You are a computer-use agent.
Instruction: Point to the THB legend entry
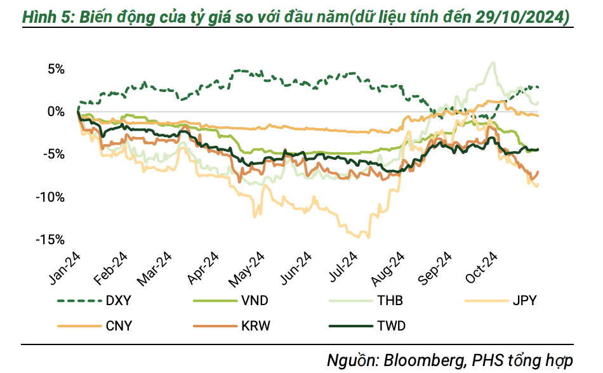tap(389, 301)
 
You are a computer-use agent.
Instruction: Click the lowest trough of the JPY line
tap(366, 237)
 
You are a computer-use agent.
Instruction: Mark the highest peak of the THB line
tap(493, 62)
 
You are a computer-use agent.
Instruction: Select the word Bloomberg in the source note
tap(421, 360)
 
